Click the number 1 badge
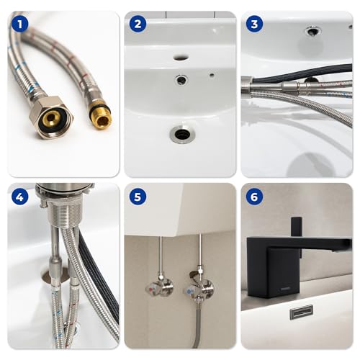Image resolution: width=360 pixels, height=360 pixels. coord(20,24)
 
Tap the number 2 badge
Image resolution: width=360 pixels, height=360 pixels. coord(137,24)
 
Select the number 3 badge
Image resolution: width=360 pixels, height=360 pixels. coord(253,24)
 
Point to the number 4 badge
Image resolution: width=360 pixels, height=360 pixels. coord(20,196)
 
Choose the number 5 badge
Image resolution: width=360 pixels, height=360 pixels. coord(137,196)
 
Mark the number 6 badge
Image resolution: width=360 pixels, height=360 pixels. coord(253,196)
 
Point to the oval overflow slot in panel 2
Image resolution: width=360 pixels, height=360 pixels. coord(180,56)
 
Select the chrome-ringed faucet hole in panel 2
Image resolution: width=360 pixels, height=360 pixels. coord(181,80)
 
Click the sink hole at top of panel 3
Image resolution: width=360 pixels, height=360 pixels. coord(312,31)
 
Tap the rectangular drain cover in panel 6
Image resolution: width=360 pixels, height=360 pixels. coord(300,312)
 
